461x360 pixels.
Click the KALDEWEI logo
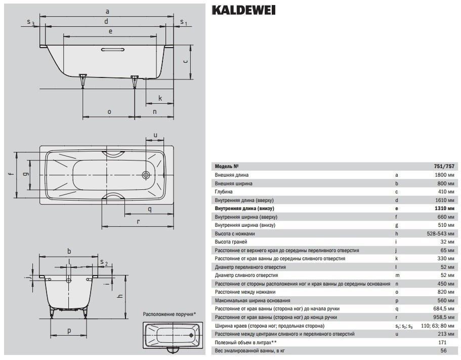[x=243, y=10]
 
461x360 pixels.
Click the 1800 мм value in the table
[x=444, y=175]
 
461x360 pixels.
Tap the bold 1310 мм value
[x=444, y=209]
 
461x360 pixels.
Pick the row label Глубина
[x=224, y=192]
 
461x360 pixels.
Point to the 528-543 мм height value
[x=440, y=234]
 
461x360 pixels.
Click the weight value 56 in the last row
[x=444, y=350]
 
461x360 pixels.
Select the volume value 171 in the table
[x=442, y=342]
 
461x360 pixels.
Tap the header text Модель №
[x=226, y=167]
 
